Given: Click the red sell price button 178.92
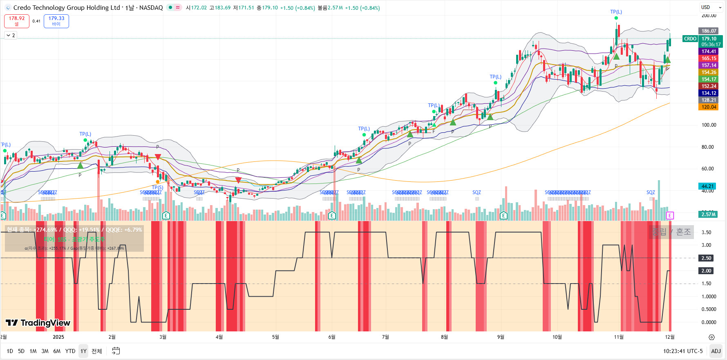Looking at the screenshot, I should pos(17,21).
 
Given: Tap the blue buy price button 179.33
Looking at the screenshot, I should pos(56,21).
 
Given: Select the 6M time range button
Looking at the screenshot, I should pos(57,351).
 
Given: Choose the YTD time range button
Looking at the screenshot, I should pos(70,351).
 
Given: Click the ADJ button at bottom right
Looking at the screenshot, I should pos(716,351).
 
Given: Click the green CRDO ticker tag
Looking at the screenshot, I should pos(690,39).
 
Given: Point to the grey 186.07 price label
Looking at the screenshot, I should pos(709,31).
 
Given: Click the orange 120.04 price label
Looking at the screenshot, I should pos(709,107).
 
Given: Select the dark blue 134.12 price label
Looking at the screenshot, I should pos(709,93).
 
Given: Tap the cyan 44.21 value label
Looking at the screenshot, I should pos(707,186).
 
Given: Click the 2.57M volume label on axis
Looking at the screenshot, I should pos(708,215).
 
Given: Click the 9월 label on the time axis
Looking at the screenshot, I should pos(501,337).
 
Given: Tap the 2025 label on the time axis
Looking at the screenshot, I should pos(58,337).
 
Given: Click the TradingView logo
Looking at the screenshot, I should pos(38,323).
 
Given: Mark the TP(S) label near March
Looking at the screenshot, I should pos(157,188).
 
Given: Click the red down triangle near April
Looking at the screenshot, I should pos(238,180).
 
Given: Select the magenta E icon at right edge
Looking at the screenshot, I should pos(669,215).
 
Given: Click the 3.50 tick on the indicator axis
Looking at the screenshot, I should pos(706,233).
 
